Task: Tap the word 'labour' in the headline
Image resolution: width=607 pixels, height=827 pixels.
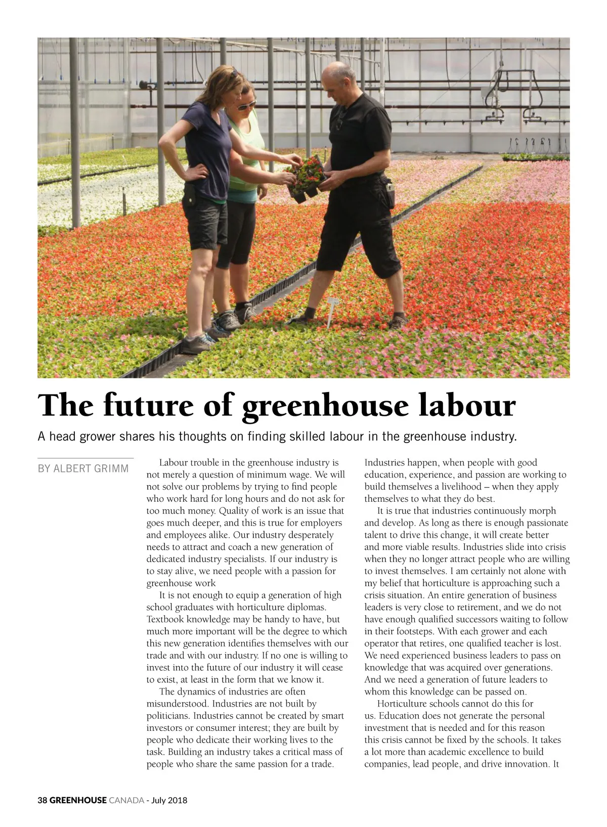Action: tap(467, 406)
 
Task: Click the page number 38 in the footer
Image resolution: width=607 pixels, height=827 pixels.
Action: tap(42, 800)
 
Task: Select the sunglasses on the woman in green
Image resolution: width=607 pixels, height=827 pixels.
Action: tap(246, 105)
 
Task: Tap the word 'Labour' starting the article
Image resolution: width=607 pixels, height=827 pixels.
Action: tap(174, 462)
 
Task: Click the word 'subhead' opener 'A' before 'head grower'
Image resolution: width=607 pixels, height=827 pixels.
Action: tap(41, 436)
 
